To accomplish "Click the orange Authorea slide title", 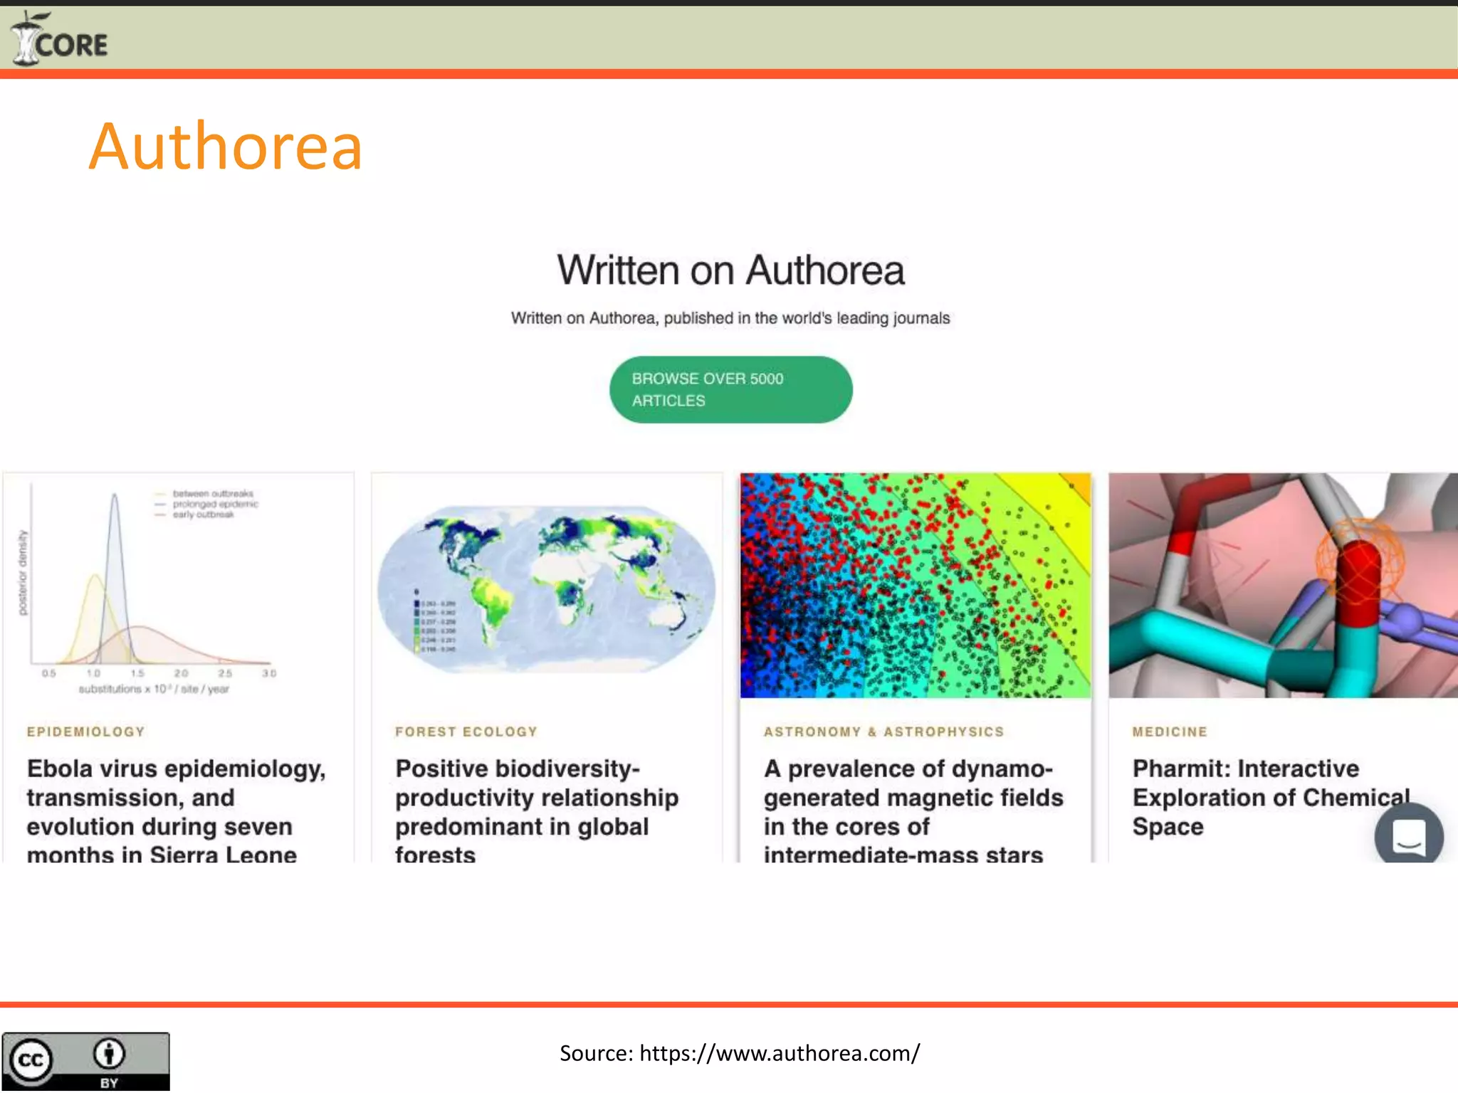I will click(x=225, y=147).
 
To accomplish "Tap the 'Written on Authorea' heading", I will click(x=730, y=270).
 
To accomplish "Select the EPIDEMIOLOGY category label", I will click(x=85, y=732).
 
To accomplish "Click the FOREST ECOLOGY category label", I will click(x=466, y=732).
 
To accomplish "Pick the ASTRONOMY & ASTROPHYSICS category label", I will click(x=883, y=732).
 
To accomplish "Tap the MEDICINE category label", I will click(x=1170, y=732).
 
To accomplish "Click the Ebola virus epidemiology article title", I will click(x=176, y=811).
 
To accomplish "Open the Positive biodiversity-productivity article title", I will click(x=537, y=811).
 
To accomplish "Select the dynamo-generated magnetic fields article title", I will click(x=913, y=811).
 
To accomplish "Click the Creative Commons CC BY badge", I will click(x=85, y=1061).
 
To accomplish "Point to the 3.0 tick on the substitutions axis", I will click(x=269, y=673).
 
